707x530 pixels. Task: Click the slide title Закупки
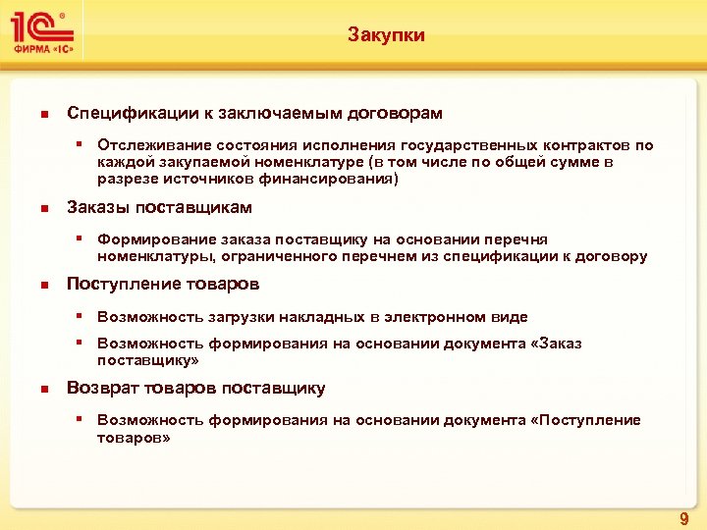pos(386,35)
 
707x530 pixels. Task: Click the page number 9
pos(684,517)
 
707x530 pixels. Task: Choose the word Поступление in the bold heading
pos(123,285)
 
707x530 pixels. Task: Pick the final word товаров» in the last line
pos(134,438)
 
